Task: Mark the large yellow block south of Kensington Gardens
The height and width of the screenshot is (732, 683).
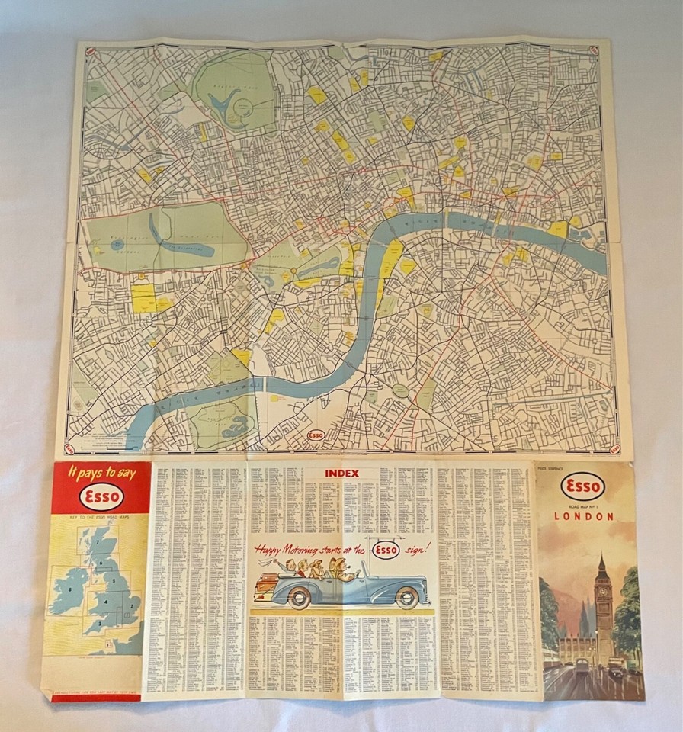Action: click(143, 298)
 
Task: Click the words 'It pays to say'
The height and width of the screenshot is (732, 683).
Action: click(101, 474)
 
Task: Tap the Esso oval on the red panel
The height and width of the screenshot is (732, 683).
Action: click(101, 497)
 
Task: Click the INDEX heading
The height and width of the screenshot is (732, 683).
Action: click(341, 474)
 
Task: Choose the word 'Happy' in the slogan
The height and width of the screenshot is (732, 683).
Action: click(270, 548)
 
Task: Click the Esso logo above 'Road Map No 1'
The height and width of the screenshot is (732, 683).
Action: click(583, 486)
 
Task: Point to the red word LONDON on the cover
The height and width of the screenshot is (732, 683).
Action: click(583, 516)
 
